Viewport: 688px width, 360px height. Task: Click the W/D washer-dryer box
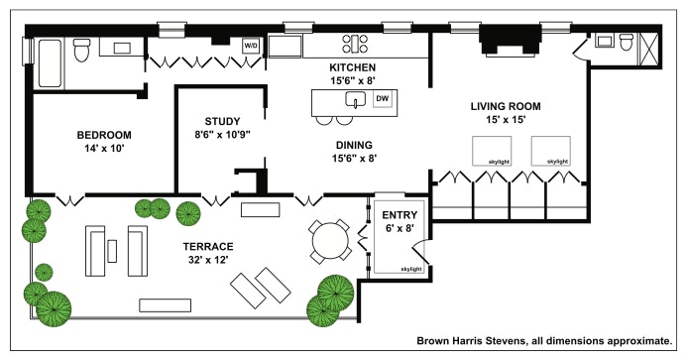[x=251, y=46]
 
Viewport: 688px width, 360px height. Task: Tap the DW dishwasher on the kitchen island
[x=383, y=99]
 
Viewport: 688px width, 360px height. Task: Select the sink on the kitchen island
[x=356, y=99]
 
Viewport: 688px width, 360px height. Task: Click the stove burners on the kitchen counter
[x=355, y=44]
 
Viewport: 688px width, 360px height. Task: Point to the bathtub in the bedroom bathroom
[x=50, y=63]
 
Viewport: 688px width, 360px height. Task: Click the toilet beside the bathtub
[x=81, y=50]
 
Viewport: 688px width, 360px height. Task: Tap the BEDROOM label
[x=104, y=135]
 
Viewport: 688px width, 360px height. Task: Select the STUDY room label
[x=222, y=121]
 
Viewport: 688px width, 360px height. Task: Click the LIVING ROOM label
[x=506, y=106]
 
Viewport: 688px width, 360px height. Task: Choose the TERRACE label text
[x=208, y=246]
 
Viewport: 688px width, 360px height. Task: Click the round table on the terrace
[x=329, y=241]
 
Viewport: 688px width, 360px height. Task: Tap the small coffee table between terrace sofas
[x=112, y=251]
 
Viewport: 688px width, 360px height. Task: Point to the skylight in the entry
[x=399, y=237]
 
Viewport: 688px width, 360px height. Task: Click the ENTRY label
[x=400, y=215]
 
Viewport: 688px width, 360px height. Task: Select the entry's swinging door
[x=420, y=253]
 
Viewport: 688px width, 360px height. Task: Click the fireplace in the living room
[x=511, y=41]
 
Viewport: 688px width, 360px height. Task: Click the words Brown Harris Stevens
[x=471, y=341]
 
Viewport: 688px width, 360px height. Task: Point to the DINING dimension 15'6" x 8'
[x=355, y=158]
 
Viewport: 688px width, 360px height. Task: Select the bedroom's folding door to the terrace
[x=70, y=199]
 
